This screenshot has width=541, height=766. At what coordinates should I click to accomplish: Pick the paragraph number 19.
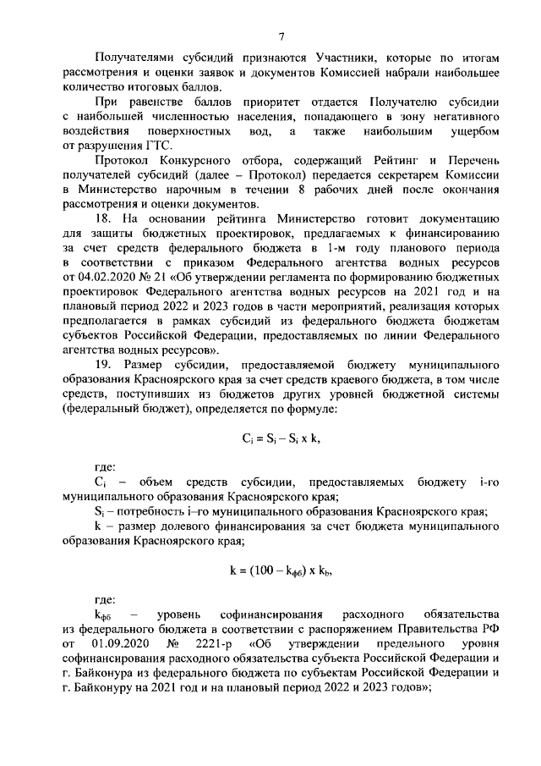pyautogui.click(x=101, y=364)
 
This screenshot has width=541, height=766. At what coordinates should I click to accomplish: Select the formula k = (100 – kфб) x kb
pyautogui.click(x=281, y=570)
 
